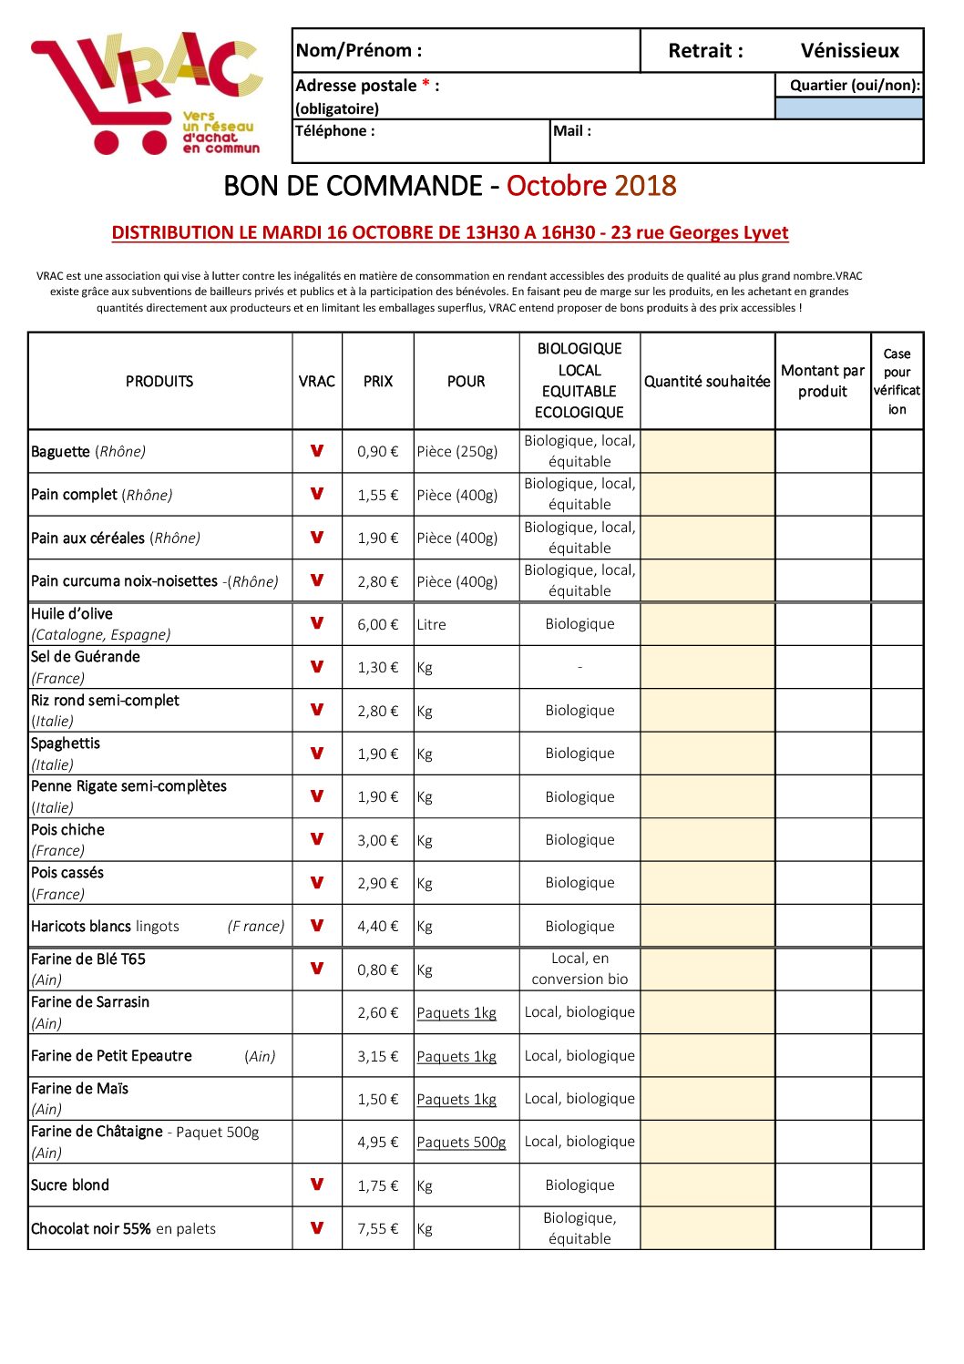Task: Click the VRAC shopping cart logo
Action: click(x=146, y=94)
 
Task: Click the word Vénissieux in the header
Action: click(x=849, y=51)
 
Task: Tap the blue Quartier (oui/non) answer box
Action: click(x=848, y=108)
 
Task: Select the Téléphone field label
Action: click(x=334, y=131)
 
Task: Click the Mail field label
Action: click(x=572, y=131)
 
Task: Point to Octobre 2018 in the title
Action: click(x=591, y=186)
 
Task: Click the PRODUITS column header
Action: click(x=159, y=382)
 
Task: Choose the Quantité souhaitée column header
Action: click(x=707, y=382)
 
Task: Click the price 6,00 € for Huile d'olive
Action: click(x=377, y=625)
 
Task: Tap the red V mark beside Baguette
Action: click(x=317, y=451)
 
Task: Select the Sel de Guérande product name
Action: click(x=86, y=657)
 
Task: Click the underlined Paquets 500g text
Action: click(x=461, y=1143)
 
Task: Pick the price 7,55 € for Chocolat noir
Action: click(x=377, y=1229)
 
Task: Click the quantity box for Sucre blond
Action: click(x=707, y=1185)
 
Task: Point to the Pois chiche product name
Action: click(x=67, y=830)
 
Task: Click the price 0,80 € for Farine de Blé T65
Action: click(x=377, y=970)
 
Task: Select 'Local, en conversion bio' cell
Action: click(x=579, y=969)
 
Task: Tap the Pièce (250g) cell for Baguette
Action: click(x=457, y=452)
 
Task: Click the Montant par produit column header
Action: click(x=823, y=382)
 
